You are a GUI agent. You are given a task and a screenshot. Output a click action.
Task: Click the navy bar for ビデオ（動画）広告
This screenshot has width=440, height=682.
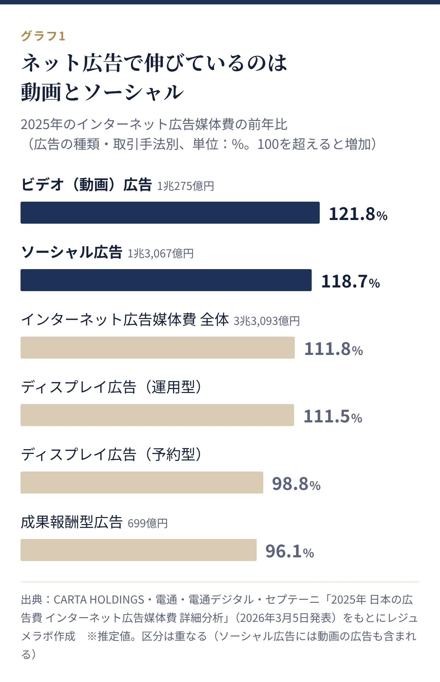point(170,213)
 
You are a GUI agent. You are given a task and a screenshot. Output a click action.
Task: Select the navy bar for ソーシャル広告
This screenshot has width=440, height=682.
point(166,280)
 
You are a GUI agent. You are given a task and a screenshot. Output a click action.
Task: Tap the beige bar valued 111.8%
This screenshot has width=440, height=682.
point(158,348)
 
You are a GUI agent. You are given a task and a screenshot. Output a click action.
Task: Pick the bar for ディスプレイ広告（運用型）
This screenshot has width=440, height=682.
point(157,415)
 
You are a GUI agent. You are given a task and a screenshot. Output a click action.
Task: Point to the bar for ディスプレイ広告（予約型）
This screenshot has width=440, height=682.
point(142,483)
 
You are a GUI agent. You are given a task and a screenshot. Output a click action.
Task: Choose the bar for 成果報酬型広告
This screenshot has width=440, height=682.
point(139,550)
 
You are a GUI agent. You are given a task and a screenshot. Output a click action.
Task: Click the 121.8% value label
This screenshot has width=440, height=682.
point(358,214)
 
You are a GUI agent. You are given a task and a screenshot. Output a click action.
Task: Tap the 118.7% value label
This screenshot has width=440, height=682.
point(351,282)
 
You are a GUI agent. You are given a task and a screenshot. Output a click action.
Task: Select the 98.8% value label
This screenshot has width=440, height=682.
point(296,484)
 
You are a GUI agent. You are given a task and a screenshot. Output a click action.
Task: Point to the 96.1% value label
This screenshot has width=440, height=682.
point(290,551)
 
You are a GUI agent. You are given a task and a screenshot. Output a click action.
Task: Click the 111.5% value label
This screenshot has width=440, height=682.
point(333,417)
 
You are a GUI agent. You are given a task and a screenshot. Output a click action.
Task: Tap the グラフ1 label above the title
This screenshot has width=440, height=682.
point(43,36)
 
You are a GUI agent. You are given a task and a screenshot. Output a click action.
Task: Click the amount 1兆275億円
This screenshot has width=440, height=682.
point(186,186)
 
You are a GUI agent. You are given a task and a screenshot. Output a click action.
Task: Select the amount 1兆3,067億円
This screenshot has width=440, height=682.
point(161,253)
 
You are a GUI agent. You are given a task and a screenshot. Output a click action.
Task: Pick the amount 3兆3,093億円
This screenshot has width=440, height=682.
point(267,321)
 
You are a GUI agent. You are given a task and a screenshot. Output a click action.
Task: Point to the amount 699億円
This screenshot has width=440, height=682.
point(148,523)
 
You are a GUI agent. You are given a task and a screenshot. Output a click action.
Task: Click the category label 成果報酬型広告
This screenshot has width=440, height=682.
point(71,522)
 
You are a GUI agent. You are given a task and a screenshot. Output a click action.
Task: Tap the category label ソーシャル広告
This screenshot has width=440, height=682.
point(71,252)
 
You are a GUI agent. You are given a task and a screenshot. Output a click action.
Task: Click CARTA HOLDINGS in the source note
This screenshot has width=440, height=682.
point(99,599)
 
